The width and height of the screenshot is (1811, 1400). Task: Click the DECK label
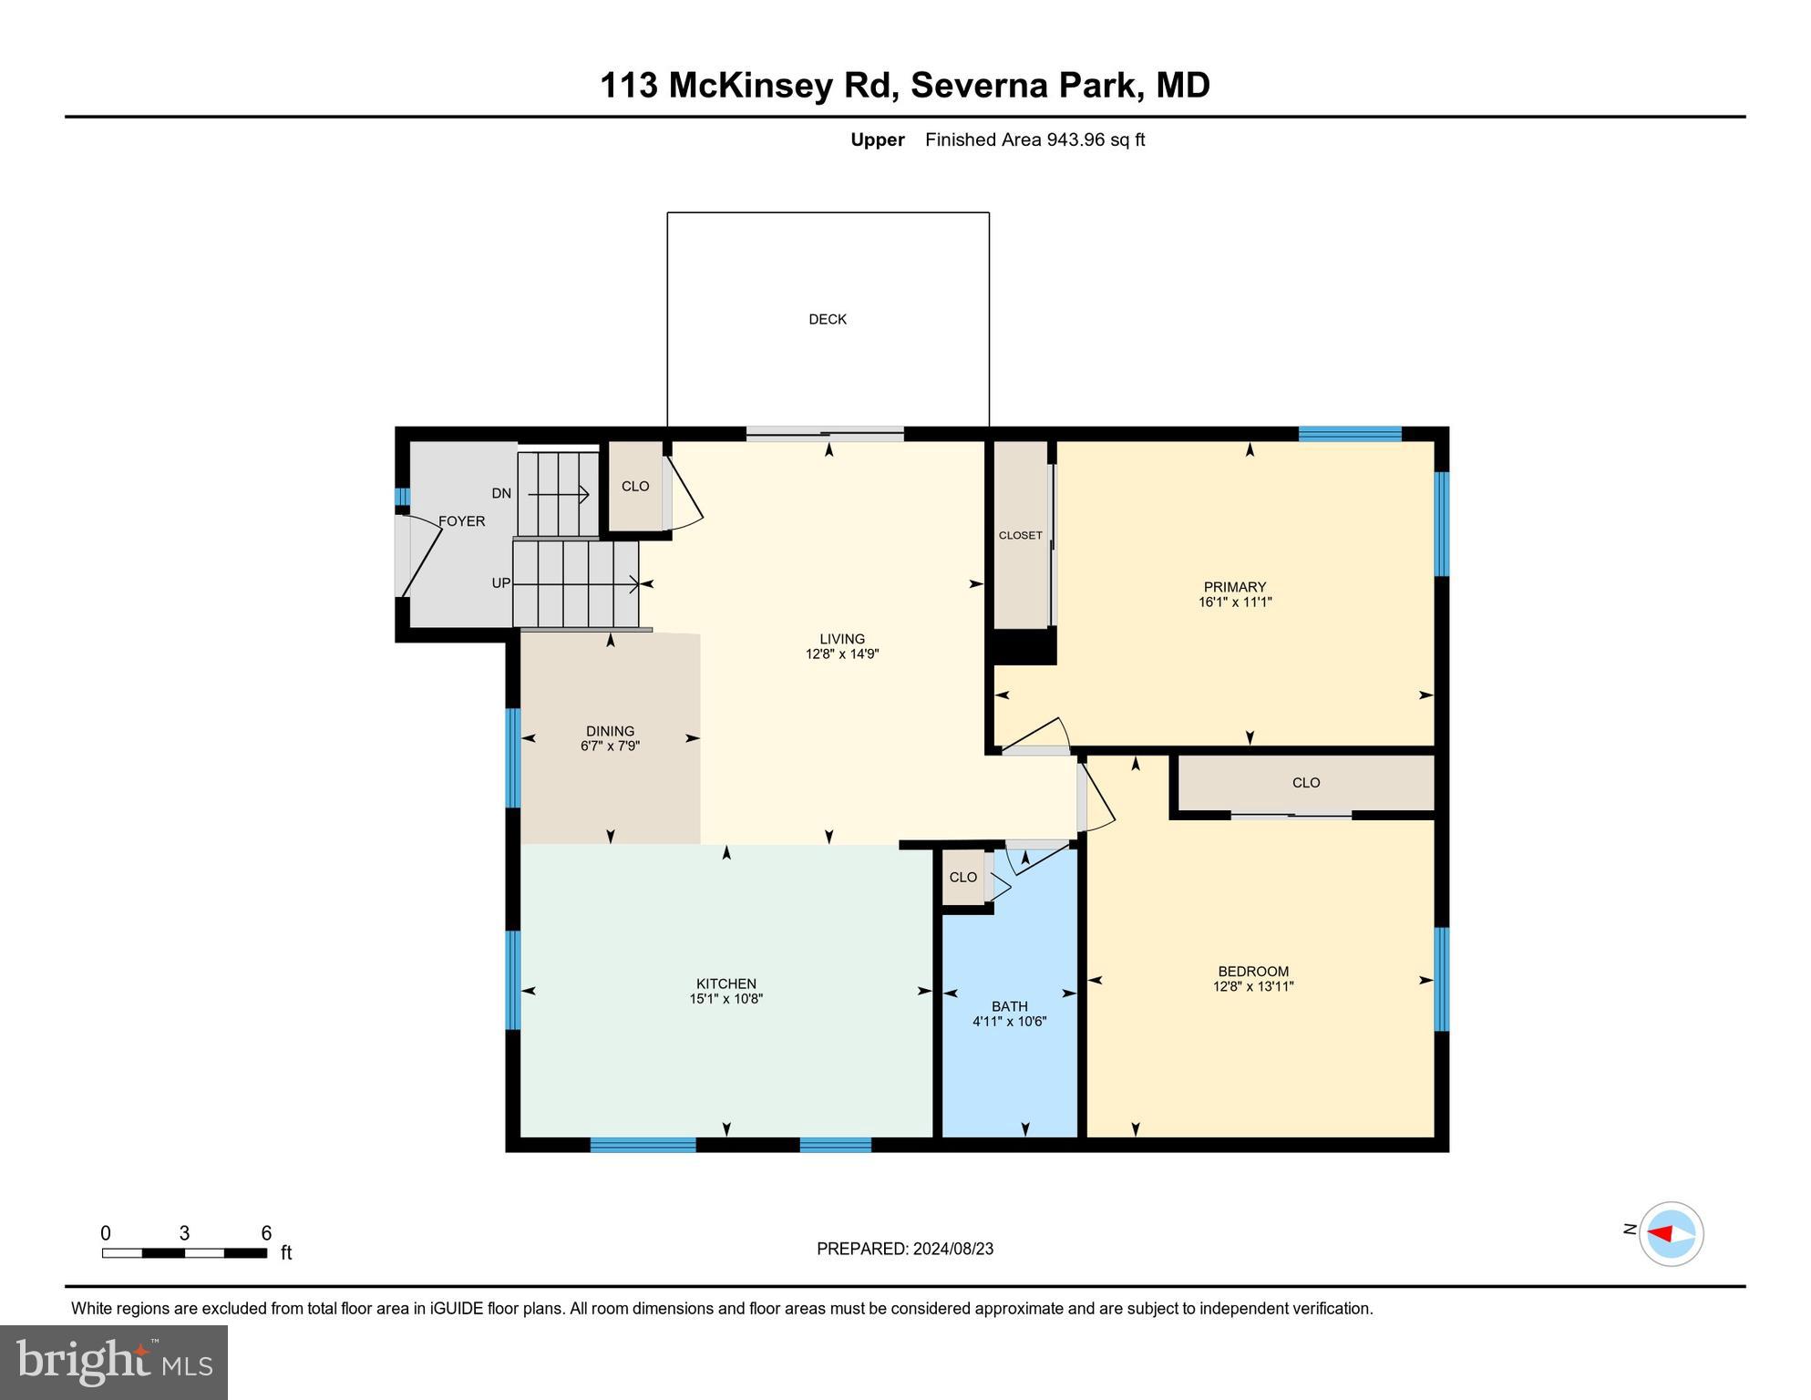click(828, 319)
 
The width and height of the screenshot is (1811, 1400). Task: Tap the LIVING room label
click(841, 639)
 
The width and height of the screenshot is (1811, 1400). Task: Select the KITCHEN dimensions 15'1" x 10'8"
click(725, 999)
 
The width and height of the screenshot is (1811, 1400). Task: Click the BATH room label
click(1009, 1006)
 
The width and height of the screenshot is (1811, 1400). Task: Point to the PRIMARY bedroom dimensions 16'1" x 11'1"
click(1234, 602)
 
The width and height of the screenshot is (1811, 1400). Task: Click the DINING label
click(610, 731)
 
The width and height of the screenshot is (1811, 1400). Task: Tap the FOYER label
click(461, 521)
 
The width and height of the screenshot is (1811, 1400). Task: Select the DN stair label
click(501, 493)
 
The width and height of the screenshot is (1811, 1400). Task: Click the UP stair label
click(501, 582)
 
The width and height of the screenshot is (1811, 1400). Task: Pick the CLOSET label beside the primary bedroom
click(1020, 535)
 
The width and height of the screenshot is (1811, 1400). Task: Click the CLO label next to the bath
click(962, 877)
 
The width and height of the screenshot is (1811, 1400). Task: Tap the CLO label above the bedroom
click(1305, 783)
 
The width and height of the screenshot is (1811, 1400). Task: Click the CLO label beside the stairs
click(635, 486)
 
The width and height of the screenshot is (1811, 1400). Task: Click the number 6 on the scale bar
click(266, 1233)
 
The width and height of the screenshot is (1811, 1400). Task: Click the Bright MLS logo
click(114, 1362)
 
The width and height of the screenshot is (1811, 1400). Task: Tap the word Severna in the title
click(976, 85)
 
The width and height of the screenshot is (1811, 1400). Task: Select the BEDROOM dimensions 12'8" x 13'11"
click(1253, 986)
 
